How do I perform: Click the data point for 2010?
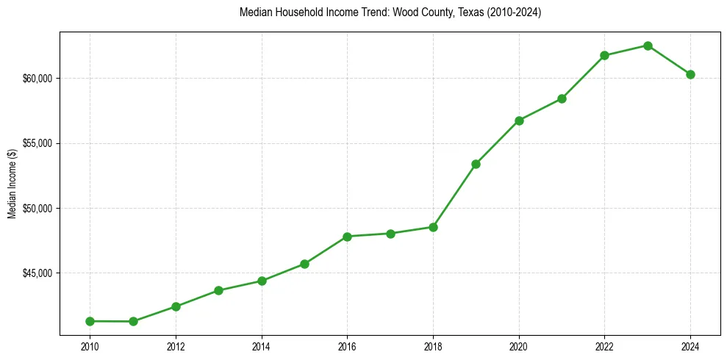tap(90, 321)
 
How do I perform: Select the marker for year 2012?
tap(176, 306)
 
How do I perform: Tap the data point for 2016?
tap(347, 237)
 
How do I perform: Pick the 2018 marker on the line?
tap(433, 227)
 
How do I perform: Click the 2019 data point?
tap(476, 164)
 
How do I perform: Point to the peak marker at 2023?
tap(648, 46)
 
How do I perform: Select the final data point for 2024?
tap(690, 74)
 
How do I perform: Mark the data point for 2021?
tap(562, 98)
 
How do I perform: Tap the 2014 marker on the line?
tap(262, 281)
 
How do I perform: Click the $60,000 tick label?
tap(37, 79)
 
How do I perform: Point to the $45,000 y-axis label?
tap(37, 273)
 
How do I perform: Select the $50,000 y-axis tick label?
tap(37, 209)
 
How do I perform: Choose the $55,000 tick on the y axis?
tap(37, 143)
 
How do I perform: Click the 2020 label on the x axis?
tap(519, 346)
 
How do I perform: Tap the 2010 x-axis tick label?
tap(90, 346)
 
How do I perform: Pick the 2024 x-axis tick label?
tap(690, 346)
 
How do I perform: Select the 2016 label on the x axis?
tap(347, 346)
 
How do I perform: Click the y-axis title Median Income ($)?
tap(12, 183)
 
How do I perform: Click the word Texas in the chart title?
tap(456, 12)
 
